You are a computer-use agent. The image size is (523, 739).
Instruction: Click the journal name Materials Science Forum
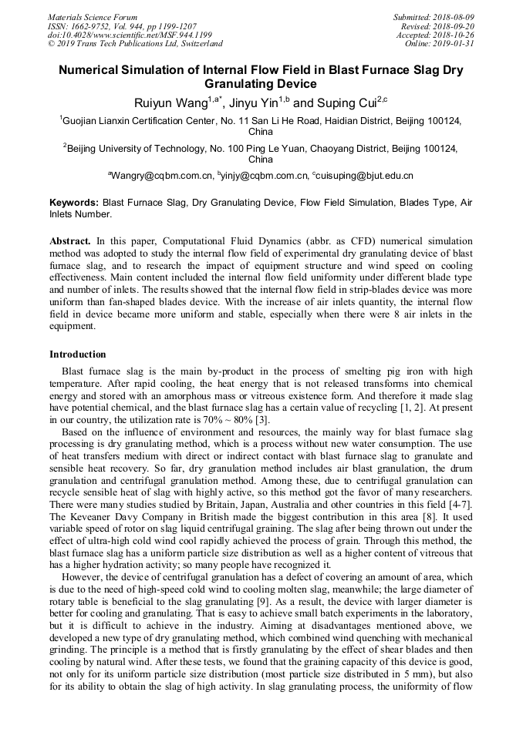click(x=93, y=17)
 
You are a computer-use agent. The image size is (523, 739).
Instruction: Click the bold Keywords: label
click(x=74, y=202)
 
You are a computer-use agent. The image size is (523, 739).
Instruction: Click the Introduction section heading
click(x=78, y=354)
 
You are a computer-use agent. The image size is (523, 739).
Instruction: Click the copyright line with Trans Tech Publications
click(x=135, y=44)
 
